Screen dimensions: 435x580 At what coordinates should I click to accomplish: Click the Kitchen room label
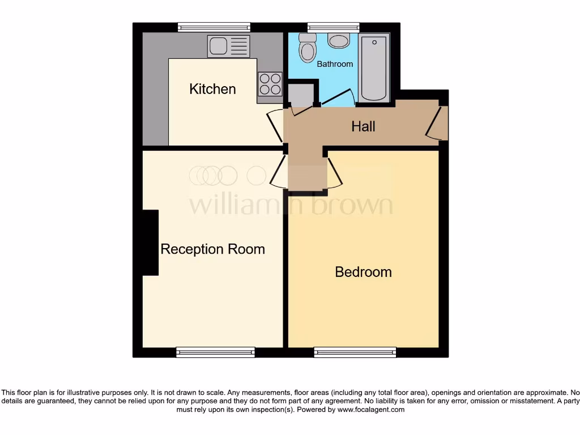[x=212, y=89]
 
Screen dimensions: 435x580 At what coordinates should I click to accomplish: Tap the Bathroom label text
[x=335, y=64]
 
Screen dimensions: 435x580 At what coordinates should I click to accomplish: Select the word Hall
[x=363, y=126]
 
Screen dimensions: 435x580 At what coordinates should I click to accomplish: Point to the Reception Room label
[x=212, y=249]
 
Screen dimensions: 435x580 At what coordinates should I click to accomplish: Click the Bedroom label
[x=363, y=272]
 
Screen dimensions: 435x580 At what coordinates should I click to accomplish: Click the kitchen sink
[x=228, y=46]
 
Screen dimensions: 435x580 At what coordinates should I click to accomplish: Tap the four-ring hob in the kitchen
[x=270, y=84]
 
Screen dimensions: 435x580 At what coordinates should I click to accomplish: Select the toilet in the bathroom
[x=308, y=48]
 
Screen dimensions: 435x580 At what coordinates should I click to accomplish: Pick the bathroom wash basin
[x=339, y=41]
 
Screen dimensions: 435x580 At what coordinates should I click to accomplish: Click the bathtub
[x=374, y=67]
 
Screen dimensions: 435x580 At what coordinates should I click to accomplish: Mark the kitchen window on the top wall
[x=214, y=27]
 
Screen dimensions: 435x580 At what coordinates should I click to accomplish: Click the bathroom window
[x=333, y=27]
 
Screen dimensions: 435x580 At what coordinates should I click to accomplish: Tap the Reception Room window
[x=215, y=352]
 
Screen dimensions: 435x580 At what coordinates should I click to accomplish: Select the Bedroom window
[x=355, y=352]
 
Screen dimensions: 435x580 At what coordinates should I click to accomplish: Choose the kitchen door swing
[x=274, y=125]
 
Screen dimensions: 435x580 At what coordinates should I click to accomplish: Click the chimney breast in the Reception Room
[x=150, y=242]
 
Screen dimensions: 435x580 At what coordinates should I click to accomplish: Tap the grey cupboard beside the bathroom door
[x=301, y=95]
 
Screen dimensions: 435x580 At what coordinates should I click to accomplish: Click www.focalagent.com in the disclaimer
[x=371, y=410]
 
